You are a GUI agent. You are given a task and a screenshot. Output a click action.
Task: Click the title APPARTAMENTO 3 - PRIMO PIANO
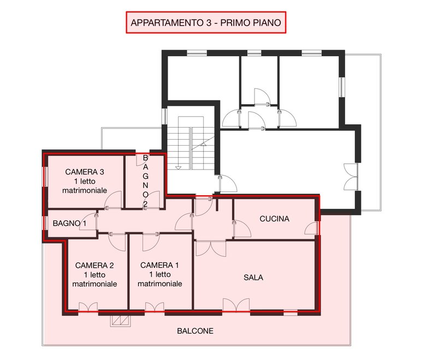[206, 22]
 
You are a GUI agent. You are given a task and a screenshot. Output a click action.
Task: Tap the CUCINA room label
[275, 219]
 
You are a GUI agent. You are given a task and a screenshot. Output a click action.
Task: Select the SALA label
[253, 278]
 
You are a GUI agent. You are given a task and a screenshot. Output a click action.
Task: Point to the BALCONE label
[195, 331]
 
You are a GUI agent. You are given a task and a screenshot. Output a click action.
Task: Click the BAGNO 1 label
[69, 223]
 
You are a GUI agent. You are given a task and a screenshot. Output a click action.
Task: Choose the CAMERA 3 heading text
[85, 172]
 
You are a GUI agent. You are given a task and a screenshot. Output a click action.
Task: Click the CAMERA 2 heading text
[94, 265]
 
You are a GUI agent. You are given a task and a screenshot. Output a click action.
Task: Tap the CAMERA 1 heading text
[159, 265]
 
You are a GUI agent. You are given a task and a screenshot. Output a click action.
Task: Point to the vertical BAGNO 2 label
[145, 181]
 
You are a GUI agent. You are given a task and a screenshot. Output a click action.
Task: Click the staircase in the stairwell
[191, 143]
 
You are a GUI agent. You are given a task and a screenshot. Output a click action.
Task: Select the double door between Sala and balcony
[236, 305]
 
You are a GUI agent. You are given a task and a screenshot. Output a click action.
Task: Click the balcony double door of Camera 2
[88, 307]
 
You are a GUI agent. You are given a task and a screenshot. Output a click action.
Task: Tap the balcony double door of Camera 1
[155, 307]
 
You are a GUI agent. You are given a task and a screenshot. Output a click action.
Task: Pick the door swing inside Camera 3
[114, 200]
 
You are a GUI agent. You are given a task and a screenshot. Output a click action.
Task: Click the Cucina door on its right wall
[312, 229]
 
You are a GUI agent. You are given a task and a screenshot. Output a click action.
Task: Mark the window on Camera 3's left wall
[46, 177]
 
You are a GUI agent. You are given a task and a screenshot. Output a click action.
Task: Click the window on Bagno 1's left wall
[46, 223]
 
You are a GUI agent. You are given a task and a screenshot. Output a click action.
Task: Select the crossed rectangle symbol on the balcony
[121, 321]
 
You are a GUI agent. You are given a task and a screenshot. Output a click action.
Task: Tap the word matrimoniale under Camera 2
[94, 284]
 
